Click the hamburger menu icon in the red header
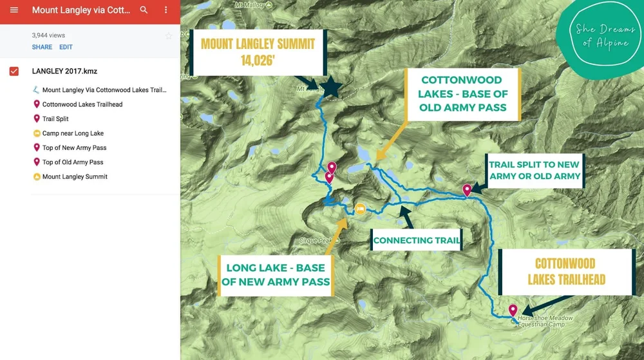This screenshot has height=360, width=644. [14, 10]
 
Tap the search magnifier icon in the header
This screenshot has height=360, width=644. [144, 10]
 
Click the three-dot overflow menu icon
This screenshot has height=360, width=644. [166, 10]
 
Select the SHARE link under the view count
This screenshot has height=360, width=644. [42, 47]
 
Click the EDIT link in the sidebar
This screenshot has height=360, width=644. [66, 47]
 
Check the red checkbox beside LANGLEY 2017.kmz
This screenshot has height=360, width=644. [14, 71]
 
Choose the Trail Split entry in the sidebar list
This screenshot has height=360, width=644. [55, 119]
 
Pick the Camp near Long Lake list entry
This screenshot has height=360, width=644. [73, 133]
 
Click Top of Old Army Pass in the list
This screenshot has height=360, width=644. [73, 162]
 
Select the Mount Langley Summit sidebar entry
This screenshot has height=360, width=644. [75, 176]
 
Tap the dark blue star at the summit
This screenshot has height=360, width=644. [331, 88]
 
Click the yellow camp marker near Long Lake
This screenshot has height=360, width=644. [361, 209]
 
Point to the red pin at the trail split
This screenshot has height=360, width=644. [467, 189]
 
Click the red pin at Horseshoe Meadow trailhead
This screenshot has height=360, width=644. [513, 310]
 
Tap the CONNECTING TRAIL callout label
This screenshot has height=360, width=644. [417, 240]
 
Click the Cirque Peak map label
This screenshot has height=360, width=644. [315, 241]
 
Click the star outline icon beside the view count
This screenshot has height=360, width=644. [169, 36]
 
